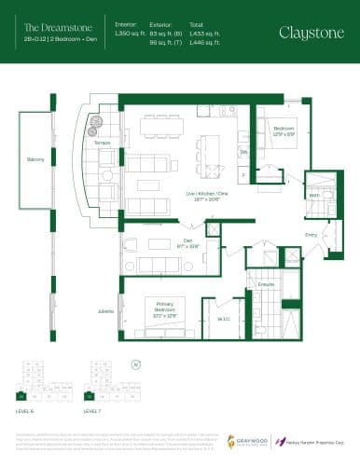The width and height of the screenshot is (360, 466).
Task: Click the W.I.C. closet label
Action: pyautogui.click(x=223, y=319)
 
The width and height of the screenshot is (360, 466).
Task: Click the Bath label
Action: pyautogui.click(x=314, y=194)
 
